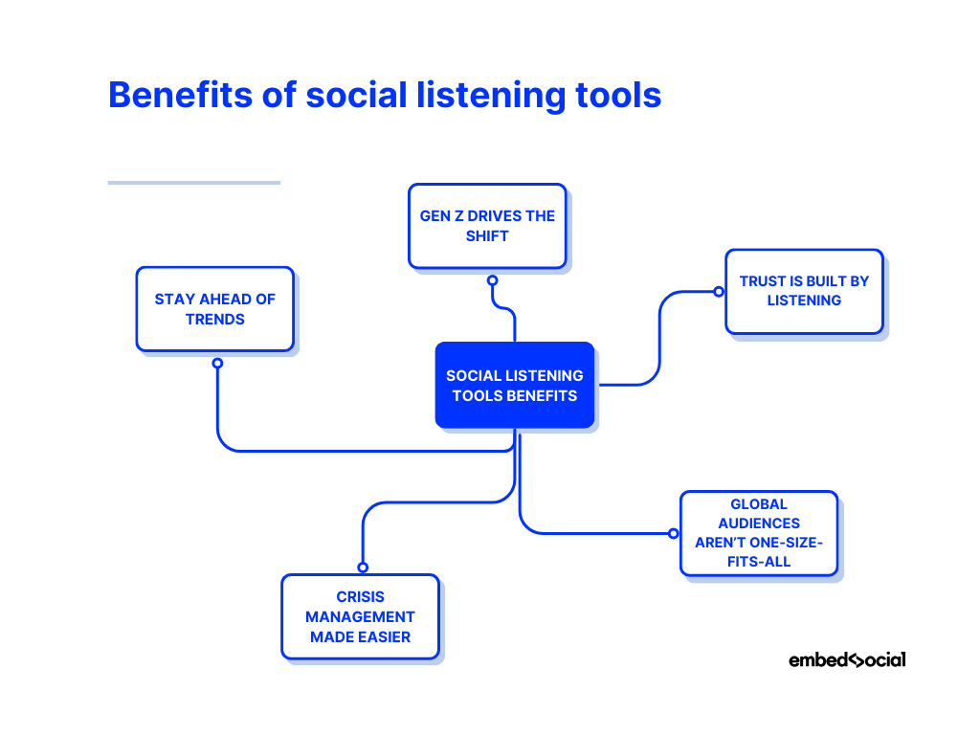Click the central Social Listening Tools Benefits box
tap(514, 385)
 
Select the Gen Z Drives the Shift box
tap(487, 226)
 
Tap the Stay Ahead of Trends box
tap(214, 309)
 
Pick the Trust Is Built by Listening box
tap(804, 291)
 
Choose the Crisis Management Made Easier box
tap(360, 616)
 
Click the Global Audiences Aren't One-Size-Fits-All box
tap(758, 533)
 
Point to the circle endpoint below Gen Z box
tap(492, 280)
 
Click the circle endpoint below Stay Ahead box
tap(217, 364)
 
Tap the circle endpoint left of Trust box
tap(719, 291)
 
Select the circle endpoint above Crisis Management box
tap(363, 568)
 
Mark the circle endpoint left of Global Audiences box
tap(673, 533)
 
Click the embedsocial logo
tap(846, 659)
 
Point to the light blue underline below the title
tap(193, 182)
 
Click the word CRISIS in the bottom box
tap(360, 596)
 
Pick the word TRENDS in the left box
tap(214, 320)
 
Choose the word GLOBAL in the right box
tap(758, 503)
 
